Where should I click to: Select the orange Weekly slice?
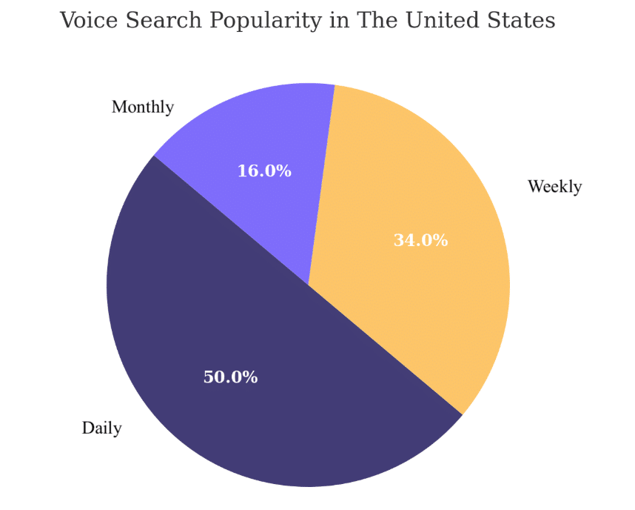point(429,245)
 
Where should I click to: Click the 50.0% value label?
point(230,377)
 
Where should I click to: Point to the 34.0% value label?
point(420,240)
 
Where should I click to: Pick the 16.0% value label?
point(264,171)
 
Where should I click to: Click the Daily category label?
point(102,428)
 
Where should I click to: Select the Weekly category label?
point(554,187)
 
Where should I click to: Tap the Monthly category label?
point(143,107)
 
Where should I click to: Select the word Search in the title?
point(157,21)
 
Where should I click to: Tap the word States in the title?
point(521,21)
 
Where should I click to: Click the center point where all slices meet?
point(309,285)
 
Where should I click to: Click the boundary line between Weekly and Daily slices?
point(385,349)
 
